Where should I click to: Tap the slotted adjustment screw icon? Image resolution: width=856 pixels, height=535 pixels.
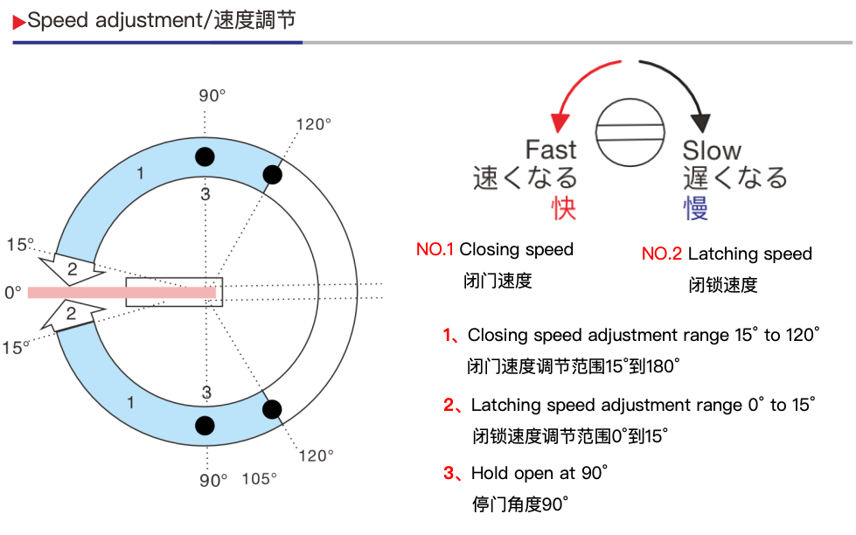pos(628,132)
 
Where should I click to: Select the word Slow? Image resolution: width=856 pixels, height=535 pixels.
pos(712,150)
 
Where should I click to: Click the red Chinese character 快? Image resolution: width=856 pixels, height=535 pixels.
pos(563,207)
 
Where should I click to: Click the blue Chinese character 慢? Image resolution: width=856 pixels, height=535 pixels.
pos(696,207)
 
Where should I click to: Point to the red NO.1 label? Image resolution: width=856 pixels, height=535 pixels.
pos(435,250)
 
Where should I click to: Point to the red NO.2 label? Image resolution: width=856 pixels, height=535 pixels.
pos(662,254)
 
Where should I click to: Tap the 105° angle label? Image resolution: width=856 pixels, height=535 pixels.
pos(260,478)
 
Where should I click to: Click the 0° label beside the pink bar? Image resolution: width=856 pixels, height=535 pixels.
pos(13,292)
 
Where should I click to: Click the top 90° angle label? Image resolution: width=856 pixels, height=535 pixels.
pos(212,95)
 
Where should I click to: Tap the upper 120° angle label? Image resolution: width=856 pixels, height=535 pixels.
pos(314,124)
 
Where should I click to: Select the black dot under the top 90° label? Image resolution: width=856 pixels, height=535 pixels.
pos(205,156)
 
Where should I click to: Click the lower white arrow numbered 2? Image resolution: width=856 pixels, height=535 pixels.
pos(70,315)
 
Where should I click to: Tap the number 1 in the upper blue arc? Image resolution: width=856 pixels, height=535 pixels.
pos(140,174)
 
